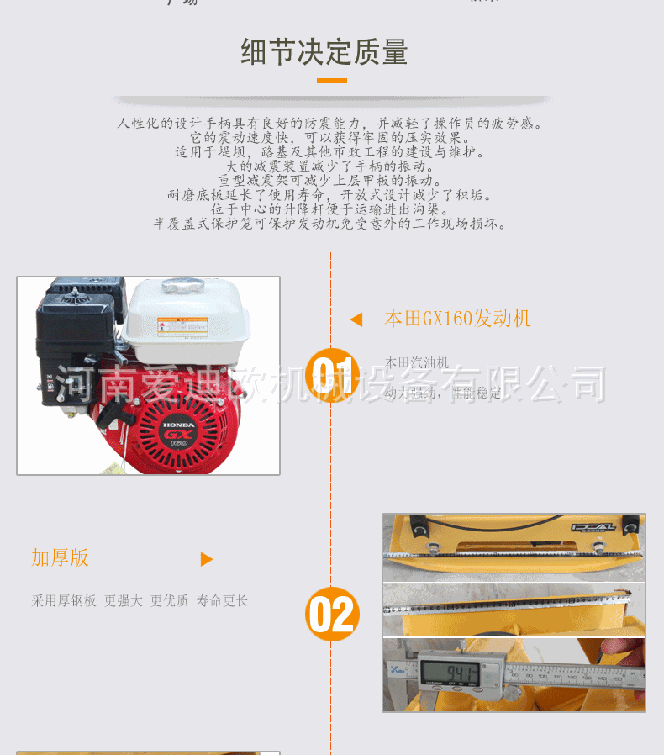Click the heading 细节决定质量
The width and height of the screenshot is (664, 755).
pyautogui.click(x=324, y=52)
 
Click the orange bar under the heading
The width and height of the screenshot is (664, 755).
pyautogui.click(x=331, y=81)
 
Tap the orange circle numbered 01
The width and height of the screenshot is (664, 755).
pyautogui.click(x=332, y=375)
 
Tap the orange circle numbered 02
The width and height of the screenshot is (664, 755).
pyautogui.click(x=332, y=614)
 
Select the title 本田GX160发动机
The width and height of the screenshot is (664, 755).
pyautogui.click(x=457, y=318)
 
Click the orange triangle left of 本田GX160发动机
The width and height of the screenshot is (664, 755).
pyautogui.click(x=356, y=319)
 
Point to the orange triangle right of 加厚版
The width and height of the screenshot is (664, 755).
pyautogui.click(x=207, y=559)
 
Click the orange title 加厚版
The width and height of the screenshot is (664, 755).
pyautogui.click(x=60, y=558)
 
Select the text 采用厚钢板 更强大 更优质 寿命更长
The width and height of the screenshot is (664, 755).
pyautogui.click(x=140, y=601)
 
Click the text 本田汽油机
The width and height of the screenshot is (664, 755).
pyautogui.click(x=417, y=362)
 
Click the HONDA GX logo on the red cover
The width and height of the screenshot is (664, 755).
pyautogui.click(x=178, y=430)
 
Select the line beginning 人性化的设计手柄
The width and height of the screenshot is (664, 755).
pyautogui.click(x=331, y=124)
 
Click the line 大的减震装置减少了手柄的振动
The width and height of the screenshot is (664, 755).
pyautogui.click(x=331, y=166)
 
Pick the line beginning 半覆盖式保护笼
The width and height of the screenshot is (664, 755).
pyautogui.click(x=331, y=224)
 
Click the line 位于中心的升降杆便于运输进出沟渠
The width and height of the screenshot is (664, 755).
pyautogui.click(x=331, y=209)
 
